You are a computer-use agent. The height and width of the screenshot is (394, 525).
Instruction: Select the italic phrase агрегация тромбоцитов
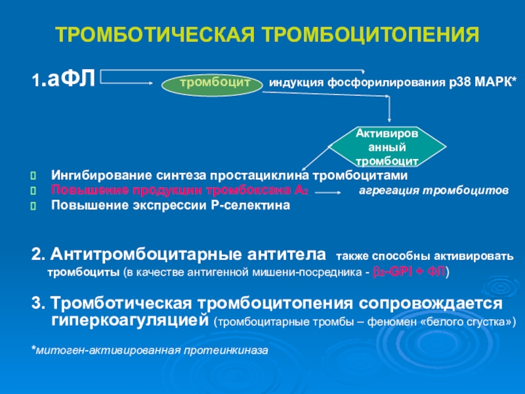[x=433, y=191]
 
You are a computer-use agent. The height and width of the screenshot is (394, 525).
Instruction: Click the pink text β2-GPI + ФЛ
[x=409, y=271]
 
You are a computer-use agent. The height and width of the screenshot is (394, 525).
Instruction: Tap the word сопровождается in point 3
[x=430, y=304]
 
